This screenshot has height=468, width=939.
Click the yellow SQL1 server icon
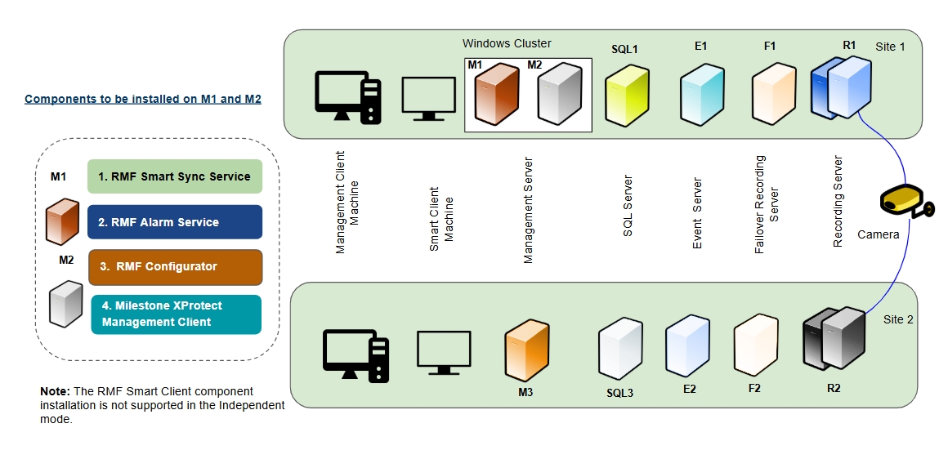pos(627,94)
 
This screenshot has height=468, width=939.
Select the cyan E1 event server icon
pos(701,96)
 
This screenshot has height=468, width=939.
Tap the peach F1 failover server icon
pos(773,94)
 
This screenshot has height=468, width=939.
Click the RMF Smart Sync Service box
pos(175,176)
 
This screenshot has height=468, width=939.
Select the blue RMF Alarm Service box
pos(175,221)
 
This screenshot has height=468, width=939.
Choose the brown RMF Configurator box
pos(175,267)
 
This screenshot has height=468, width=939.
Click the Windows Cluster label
pos(507,43)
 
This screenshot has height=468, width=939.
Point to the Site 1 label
pos(890,47)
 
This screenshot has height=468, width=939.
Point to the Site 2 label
pos(898,319)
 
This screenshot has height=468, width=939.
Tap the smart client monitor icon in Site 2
pos(444,352)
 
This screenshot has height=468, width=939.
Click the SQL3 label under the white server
pos(619,393)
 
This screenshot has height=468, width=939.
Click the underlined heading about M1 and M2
pos(143,100)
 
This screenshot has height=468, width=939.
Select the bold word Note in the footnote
pos(55,392)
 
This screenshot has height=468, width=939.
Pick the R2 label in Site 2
pos(834,388)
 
